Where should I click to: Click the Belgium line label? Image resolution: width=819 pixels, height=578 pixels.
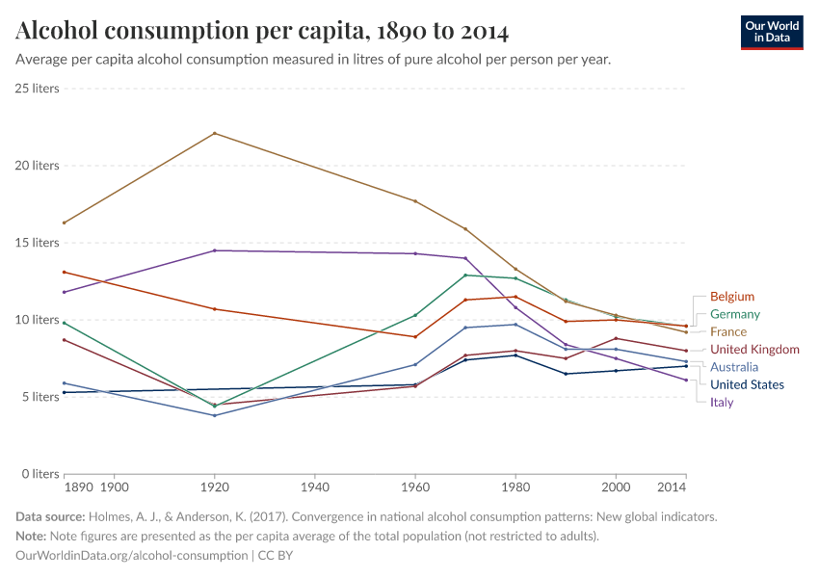tap(732, 297)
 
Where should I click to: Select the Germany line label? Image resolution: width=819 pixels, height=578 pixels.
tap(735, 314)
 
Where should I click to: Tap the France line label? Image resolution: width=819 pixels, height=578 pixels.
tap(728, 331)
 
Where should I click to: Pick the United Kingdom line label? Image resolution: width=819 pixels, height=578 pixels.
tap(754, 349)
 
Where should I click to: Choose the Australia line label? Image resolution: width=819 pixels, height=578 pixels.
tap(734, 367)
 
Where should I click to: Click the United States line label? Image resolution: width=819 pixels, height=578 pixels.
tap(747, 384)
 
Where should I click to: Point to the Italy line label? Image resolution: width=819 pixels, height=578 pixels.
tap(722, 402)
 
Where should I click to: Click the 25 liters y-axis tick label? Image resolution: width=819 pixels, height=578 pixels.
tap(37, 89)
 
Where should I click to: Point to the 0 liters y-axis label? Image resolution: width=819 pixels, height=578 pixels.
tap(40, 474)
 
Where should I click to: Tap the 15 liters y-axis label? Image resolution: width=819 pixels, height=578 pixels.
tap(37, 243)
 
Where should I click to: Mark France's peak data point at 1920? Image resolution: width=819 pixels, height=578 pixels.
tap(214, 133)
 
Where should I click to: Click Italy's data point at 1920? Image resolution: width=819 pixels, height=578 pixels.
tap(214, 250)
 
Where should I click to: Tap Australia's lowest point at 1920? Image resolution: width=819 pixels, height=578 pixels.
tap(214, 415)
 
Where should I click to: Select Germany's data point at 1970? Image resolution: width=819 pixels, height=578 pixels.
tap(465, 275)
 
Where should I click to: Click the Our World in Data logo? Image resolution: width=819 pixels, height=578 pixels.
tap(771, 32)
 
